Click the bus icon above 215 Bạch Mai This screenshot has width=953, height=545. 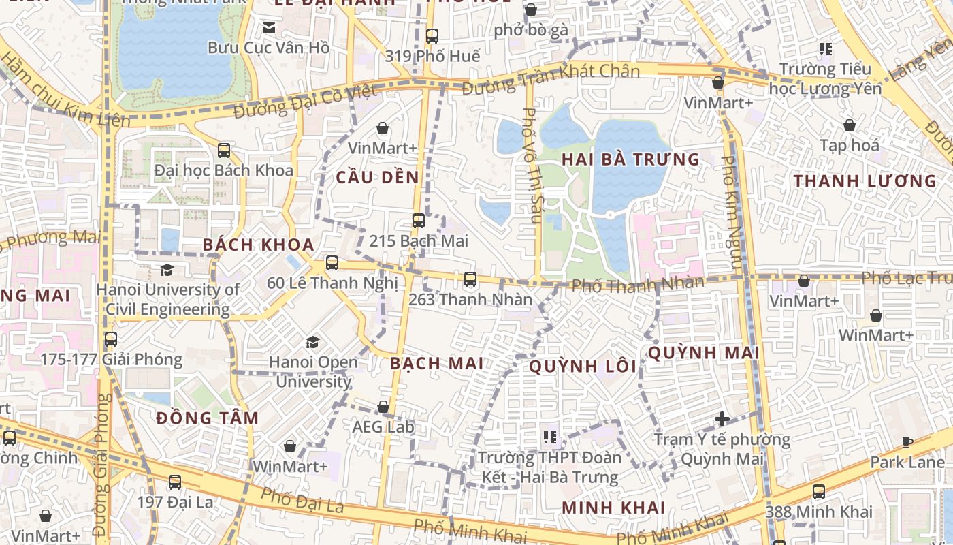point(418,221)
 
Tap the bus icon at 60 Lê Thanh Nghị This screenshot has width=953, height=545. point(332,263)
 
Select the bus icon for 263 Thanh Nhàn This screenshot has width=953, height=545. point(470,279)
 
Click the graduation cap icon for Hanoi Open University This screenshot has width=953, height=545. point(312,342)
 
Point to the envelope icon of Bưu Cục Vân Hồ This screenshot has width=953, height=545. point(268,28)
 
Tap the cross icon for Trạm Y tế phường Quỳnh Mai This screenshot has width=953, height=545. point(722,419)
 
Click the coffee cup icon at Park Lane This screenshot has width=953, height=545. point(907,443)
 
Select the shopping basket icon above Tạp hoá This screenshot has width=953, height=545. point(849,125)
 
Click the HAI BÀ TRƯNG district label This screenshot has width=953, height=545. point(630,159)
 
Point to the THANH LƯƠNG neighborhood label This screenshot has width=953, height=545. point(865,181)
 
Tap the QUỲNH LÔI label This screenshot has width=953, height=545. point(583,367)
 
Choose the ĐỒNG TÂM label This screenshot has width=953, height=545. point(208,418)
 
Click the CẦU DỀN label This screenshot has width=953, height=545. point(377,177)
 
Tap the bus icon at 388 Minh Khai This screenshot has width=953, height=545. point(818,492)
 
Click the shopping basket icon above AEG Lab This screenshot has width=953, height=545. point(383,407)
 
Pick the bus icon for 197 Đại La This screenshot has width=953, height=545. point(174,482)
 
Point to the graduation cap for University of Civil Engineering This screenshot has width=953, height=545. point(167,270)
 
